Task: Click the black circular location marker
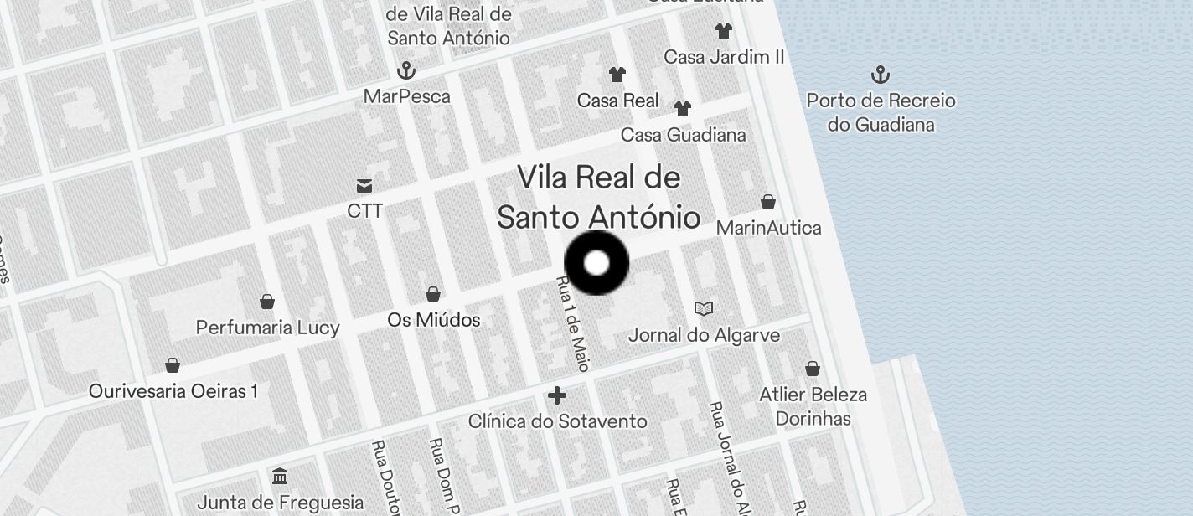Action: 596,263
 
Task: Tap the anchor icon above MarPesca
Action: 406,70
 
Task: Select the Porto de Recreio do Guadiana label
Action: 881,112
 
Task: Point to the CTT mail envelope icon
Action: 364,185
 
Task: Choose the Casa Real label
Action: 617,101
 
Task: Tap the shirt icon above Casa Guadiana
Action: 683,109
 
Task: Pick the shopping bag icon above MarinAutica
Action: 768,202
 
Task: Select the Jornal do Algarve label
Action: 704,335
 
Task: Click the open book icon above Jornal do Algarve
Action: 704,309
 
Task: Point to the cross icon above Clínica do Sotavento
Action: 557,395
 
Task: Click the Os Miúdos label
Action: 433,320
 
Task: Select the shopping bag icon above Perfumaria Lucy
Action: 267,302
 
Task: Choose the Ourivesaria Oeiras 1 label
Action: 173,391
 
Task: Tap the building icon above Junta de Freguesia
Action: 280,477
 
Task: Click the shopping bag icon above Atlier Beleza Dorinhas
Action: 812,369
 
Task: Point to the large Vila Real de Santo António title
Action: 598,198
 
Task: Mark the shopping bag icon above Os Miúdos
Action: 433,294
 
